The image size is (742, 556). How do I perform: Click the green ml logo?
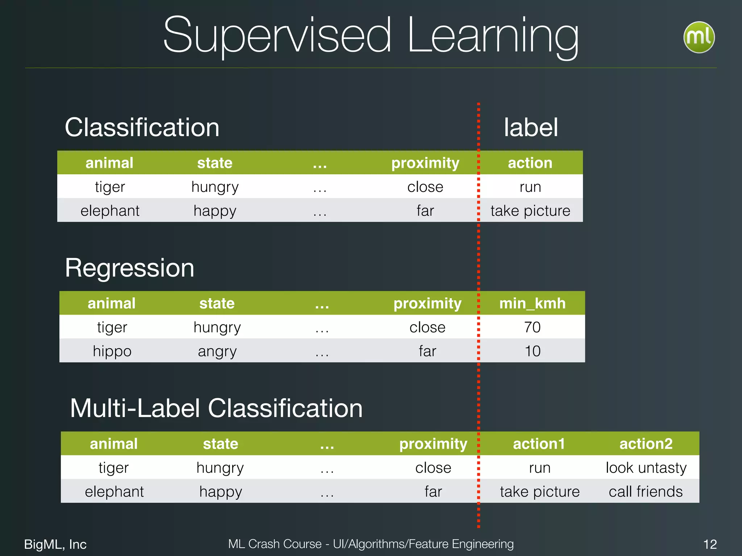tap(699, 37)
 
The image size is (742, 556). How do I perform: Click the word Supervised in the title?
tap(277, 36)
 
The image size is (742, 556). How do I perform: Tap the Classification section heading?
tap(142, 127)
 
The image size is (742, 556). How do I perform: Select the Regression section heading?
tap(130, 268)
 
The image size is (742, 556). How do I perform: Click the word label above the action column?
tap(531, 127)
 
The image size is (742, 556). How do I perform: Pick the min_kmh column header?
tap(532, 303)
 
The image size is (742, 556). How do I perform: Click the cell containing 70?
tap(532, 327)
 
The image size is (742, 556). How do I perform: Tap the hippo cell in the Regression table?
tap(112, 351)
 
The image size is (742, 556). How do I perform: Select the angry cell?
tap(217, 351)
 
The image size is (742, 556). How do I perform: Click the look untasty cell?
tap(646, 468)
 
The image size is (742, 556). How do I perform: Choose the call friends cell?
tap(646, 492)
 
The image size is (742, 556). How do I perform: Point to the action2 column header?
tap(646, 444)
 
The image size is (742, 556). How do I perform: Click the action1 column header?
tap(539, 444)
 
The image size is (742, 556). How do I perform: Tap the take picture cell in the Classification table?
tap(530, 211)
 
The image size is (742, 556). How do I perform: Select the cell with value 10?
tap(533, 351)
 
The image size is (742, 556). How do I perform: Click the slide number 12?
tap(710, 544)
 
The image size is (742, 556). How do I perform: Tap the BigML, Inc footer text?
tap(55, 544)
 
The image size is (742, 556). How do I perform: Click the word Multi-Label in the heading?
tap(135, 408)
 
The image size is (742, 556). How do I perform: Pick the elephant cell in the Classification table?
tap(110, 211)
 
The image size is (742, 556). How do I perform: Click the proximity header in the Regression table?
tap(428, 303)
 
